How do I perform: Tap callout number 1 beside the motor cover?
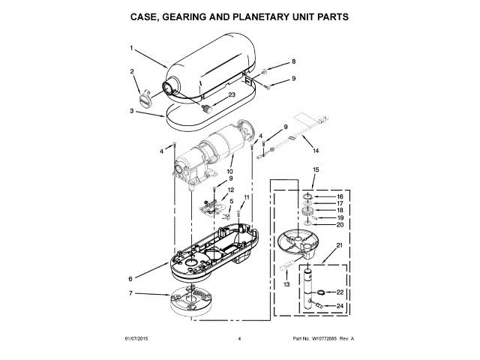pos(131,49)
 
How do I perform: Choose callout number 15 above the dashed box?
pos(316,170)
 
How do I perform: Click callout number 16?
pos(339,196)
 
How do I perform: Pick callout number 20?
pos(339,225)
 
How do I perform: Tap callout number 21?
pos(339,246)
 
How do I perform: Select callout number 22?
pos(339,292)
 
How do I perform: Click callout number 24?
pos(339,306)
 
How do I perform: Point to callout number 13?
pos(286,286)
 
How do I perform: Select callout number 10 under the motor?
pos(229,171)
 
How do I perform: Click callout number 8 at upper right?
pos(294,61)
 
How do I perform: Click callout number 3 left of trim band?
pos(131,110)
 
